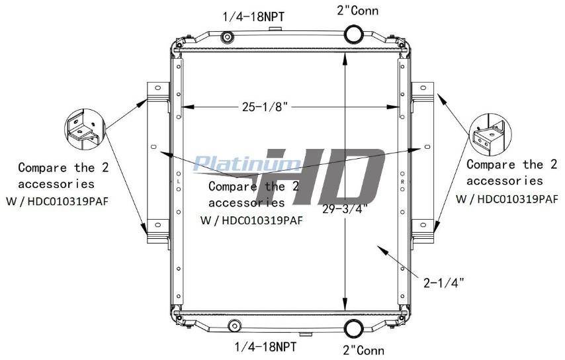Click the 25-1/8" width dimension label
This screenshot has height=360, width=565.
pyautogui.click(x=265, y=107)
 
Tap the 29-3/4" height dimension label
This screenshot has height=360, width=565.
pyautogui.click(x=345, y=208)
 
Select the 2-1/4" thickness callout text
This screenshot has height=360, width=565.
pyautogui.click(x=443, y=283)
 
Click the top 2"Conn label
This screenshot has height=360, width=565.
pyautogui.click(x=358, y=11)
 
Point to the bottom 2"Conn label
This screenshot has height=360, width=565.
pyautogui.click(x=364, y=350)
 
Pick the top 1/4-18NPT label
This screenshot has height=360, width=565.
pyautogui.click(x=253, y=17)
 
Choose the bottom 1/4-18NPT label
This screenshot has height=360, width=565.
pyautogui.click(x=265, y=347)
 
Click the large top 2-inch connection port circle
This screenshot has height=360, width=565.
pyautogui.click(x=354, y=34)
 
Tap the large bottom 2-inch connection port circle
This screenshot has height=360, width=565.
pyautogui.click(x=354, y=328)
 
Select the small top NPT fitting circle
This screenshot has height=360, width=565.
pyautogui.click(x=228, y=37)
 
